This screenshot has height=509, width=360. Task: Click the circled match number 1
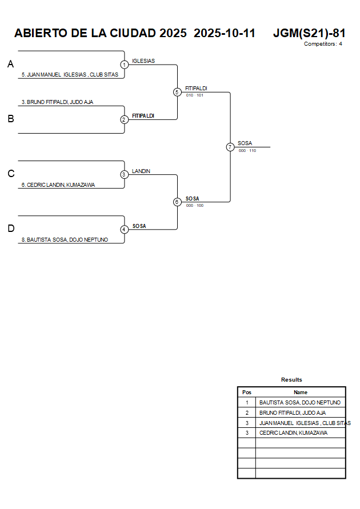coord(124,65)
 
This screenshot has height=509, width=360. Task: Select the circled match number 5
coord(177,92)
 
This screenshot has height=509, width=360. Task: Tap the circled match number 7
coord(230,147)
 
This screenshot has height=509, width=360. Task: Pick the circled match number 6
coord(177,202)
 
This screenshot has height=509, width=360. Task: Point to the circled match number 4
coord(124,230)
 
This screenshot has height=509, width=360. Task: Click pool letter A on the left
coord(10,65)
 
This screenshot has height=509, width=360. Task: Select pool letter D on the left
coord(10,229)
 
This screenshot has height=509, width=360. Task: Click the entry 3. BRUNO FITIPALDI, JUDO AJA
coord(57,102)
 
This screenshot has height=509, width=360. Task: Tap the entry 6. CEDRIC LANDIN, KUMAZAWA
coord(58,185)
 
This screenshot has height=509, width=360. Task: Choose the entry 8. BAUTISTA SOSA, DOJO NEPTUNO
coord(65,240)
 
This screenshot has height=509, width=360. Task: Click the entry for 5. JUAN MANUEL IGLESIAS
coord(70,74)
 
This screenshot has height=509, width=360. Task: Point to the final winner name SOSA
coord(245,143)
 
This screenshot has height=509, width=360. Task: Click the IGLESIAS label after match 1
coord(143,61)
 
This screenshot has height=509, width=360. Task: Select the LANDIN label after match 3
coord(141,171)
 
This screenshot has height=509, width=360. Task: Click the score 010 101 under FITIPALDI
coord(195,95)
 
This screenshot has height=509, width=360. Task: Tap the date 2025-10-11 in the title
coord(225,33)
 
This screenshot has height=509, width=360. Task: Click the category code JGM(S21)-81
coord(309,33)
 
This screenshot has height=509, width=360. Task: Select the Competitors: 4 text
coord(323,44)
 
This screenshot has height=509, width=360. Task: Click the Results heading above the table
coord(291,380)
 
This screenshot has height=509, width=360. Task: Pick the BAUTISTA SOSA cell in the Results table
coord(300,403)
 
